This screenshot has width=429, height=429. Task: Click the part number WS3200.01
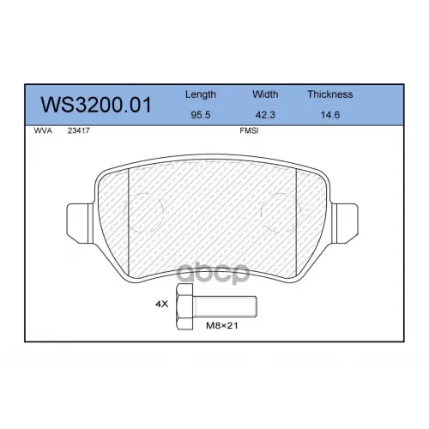(96, 106)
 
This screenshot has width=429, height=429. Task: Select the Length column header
(201, 94)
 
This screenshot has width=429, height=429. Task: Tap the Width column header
(265, 94)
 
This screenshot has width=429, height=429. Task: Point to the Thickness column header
(330, 94)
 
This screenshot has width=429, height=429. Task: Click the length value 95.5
(201, 115)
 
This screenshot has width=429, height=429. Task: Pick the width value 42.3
(265, 115)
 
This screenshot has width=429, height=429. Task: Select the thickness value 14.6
(330, 115)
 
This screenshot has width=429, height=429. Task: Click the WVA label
(43, 130)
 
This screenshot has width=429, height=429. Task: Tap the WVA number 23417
(79, 130)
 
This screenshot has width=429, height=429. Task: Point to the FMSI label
(249, 130)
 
